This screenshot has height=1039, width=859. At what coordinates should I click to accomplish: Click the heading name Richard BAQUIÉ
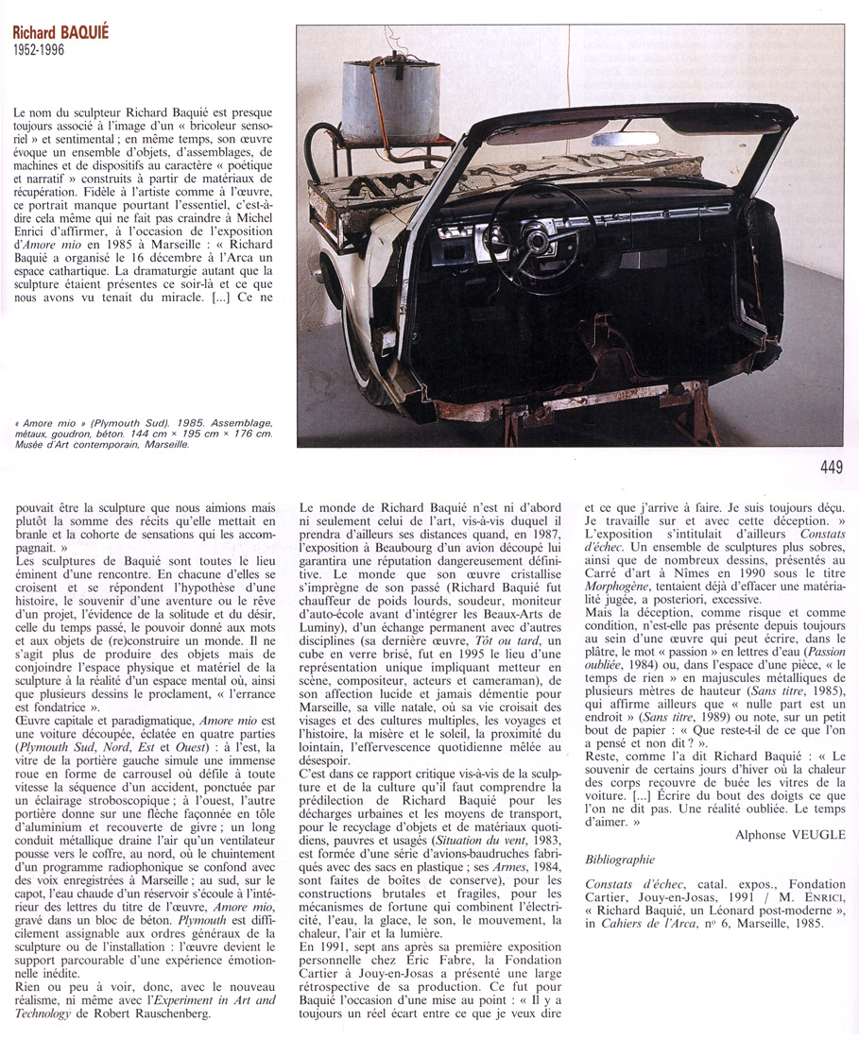coord(60,32)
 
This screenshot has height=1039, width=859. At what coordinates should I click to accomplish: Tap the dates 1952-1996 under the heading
coord(40,50)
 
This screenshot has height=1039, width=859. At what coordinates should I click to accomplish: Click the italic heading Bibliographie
coord(620,860)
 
